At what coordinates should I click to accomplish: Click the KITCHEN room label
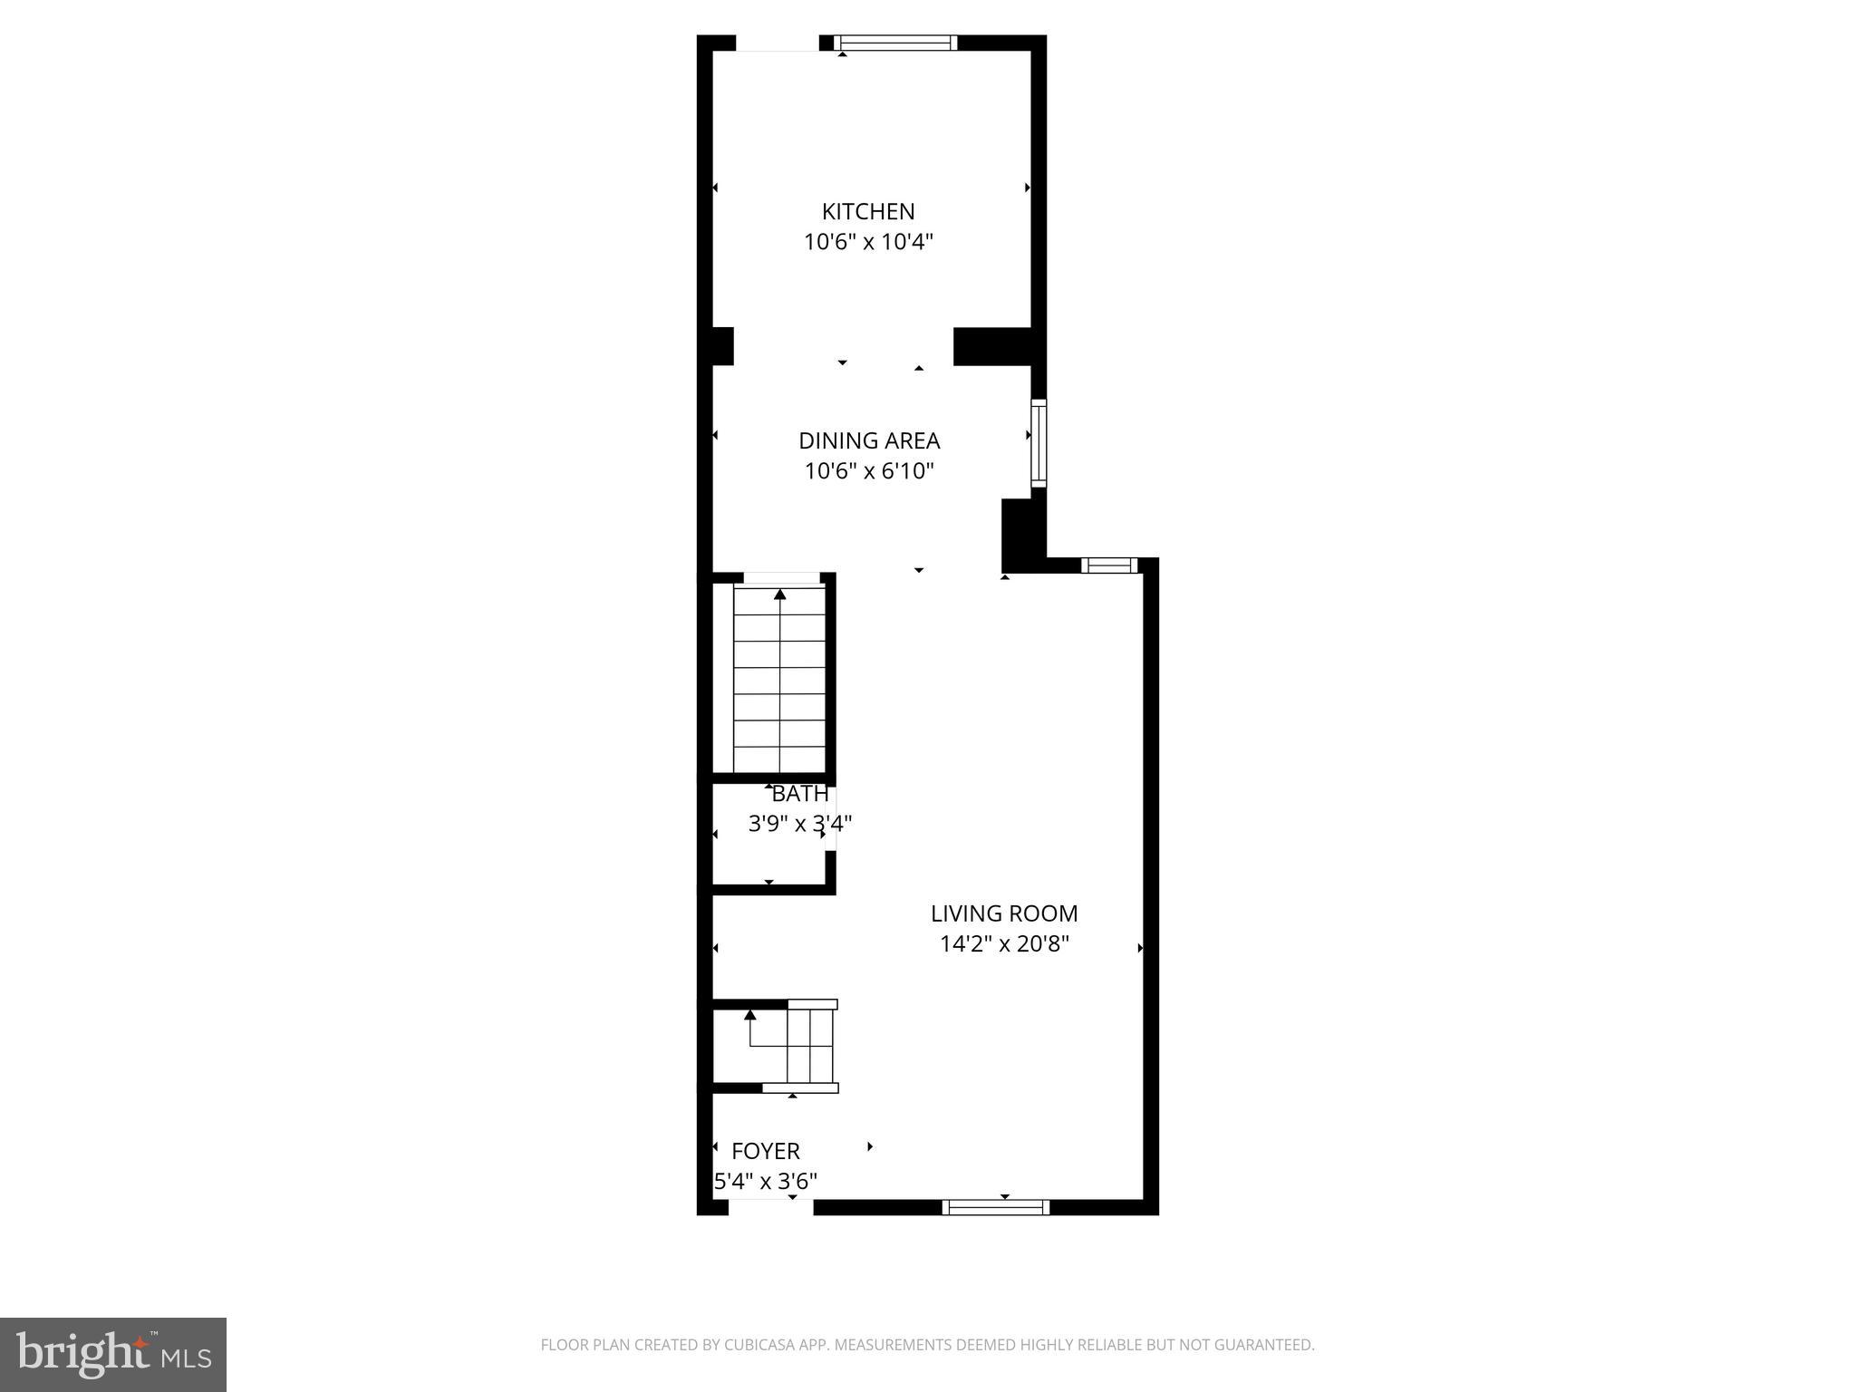pos(867,211)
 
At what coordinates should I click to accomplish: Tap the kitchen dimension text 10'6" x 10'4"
pos(868,242)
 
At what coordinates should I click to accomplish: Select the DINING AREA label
pos(868,440)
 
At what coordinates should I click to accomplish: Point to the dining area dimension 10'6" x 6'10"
pos(868,471)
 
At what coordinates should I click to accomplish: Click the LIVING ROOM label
pos(1004,913)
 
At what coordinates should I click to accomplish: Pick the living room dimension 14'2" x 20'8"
pos(1004,944)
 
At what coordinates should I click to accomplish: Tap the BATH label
pos(799,794)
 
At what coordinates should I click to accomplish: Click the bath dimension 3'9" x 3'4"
pos(799,824)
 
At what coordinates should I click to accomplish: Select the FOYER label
pos(765,1151)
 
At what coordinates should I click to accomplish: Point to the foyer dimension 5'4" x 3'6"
pos(766,1182)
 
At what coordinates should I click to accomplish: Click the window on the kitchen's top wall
pos(894,42)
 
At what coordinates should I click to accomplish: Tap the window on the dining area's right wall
pos(1039,443)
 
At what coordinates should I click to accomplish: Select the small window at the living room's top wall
pos(1109,565)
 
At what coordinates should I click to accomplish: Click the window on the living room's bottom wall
pos(995,1207)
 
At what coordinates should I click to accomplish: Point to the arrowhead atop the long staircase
pos(779,594)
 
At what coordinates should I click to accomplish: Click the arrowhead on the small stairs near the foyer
pos(749,1014)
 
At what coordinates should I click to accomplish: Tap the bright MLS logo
pos(113,1354)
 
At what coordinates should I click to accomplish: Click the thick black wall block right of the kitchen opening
pos(992,346)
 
